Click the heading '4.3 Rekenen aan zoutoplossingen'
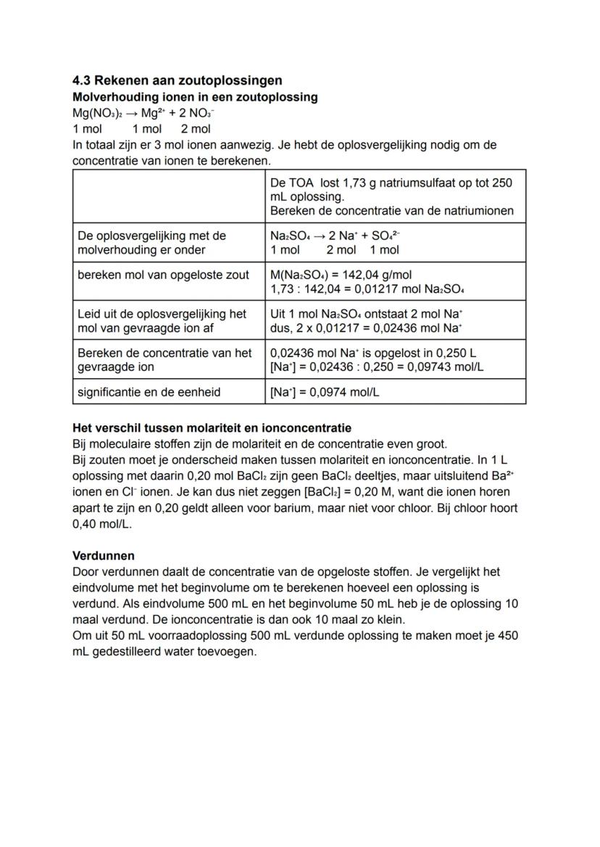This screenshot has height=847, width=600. pyautogui.click(x=177, y=80)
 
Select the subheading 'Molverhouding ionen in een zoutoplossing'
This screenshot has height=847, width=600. pyautogui.click(x=194, y=97)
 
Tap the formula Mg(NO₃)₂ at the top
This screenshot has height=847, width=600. pyautogui.click(x=98, y=113)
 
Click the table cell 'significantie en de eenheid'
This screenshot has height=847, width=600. pyautogui.click(x=149, y=392)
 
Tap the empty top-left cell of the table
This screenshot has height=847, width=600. pyautogui.click(x=168, y=196)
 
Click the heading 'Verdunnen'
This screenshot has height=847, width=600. pyautogui.click(x=104, y=556)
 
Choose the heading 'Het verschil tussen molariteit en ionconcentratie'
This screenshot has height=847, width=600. pyautogui.click(x=212, y=428)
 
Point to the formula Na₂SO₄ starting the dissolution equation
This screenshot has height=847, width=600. pyautogui.click(x=289, y=236)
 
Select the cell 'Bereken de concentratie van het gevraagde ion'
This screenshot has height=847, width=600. pyautogui.click(x=164, y=359)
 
